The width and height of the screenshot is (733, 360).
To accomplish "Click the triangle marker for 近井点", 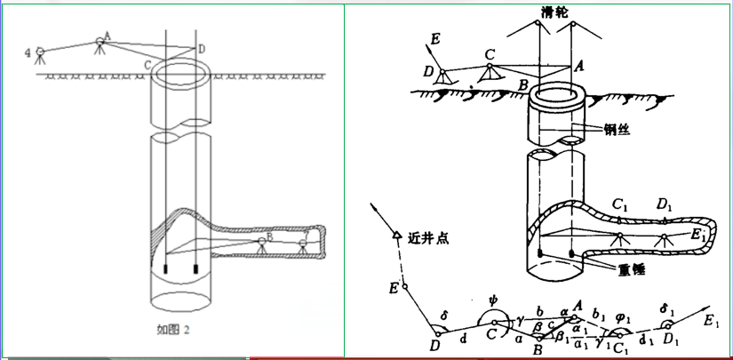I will [x=394, y=236].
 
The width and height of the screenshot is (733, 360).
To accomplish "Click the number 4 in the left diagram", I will [x=28, y=53].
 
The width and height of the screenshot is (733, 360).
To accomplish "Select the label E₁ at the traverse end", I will [x=711, y=317].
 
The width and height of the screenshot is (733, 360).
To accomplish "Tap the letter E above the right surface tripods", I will [x=434, y=39].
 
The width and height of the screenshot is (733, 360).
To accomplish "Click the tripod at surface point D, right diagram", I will [x=442, y=76].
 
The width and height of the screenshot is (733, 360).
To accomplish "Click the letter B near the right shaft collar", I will [x=524, y=85].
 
